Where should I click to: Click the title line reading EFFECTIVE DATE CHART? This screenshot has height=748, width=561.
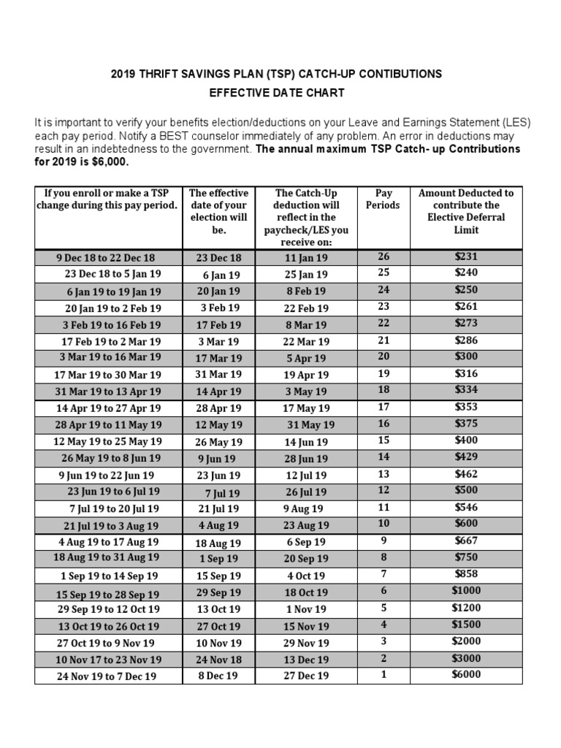coord(276,93)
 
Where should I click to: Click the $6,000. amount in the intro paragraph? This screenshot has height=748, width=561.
coord(232,161)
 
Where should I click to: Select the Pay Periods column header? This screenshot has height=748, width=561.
coord(383,199)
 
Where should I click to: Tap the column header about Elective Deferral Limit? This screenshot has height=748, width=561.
coord(465,211)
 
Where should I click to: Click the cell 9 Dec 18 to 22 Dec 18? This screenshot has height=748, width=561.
coord(105,258)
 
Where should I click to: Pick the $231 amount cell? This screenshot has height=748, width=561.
coord(465,256)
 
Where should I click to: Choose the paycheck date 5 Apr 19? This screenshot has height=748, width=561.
coord(306,359)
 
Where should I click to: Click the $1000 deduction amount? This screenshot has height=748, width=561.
coord(465,592)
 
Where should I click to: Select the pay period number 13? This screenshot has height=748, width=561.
coord(383,474)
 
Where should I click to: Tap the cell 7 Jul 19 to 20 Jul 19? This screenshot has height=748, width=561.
coord(114,508)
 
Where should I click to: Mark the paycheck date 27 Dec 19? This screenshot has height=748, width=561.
coord(306,676)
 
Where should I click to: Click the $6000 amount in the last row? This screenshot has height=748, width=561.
coord(465,674)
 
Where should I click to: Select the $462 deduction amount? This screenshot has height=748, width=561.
coord(465,474)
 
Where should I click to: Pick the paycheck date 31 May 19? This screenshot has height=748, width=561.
coord(310,425)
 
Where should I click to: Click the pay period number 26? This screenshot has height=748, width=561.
coord(383,256)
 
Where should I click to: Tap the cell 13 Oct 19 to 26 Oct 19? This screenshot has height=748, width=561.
coord(108,627)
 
